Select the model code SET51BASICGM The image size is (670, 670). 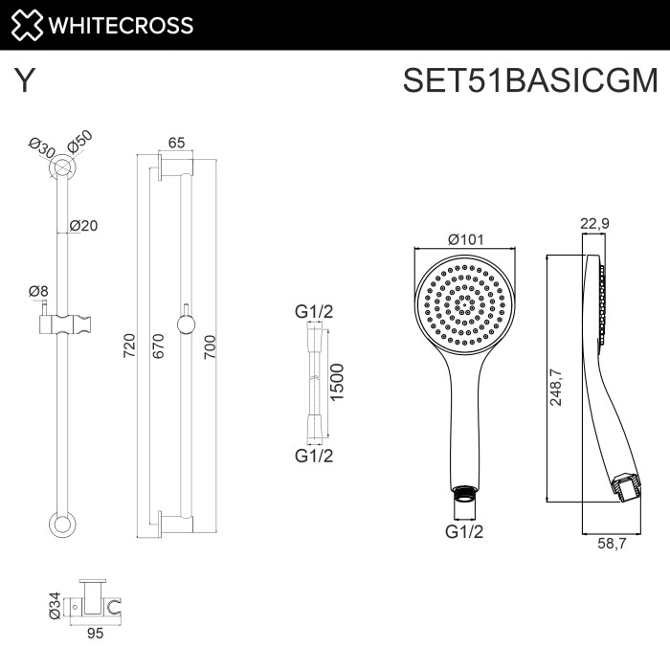[530, 80]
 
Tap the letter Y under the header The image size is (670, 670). [25, 81]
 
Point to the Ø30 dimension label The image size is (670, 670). [40, 148]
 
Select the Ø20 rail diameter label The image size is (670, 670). [84, 226]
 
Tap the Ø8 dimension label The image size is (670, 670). [38, 290]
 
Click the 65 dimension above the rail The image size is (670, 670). [176, 143]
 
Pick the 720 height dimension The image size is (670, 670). [130, 345]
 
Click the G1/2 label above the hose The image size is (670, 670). [313, 312]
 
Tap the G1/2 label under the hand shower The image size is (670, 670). [465, 531]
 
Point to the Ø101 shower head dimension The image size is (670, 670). [466, 239]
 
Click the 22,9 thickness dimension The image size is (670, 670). [595, 224]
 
